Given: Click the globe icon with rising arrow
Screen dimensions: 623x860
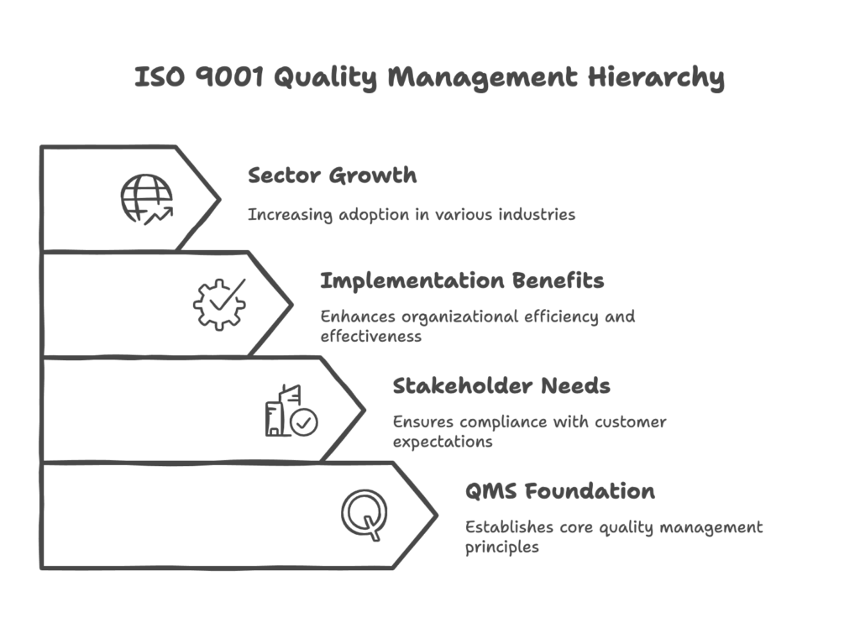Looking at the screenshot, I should [x=146, y=199].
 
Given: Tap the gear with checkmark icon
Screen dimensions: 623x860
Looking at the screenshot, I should [x=219, y=304].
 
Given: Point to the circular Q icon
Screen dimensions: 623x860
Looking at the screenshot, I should [x=365, y=514].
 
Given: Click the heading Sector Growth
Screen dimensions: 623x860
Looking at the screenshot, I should [x=332, y=176].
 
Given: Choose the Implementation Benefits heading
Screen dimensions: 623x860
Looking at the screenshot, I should [x=462, y=281].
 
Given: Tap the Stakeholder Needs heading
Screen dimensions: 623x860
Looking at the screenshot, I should [x=501, y=386].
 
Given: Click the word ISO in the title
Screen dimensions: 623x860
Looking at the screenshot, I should [x=157, y=78].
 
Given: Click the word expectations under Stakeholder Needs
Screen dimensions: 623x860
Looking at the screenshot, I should [x=443, y=442].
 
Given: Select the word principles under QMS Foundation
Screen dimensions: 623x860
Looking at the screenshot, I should [x=502, y=547].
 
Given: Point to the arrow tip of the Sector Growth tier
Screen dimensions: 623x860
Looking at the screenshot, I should [x=218, y=199].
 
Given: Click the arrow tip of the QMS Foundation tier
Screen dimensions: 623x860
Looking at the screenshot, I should [x=436, y=514].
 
